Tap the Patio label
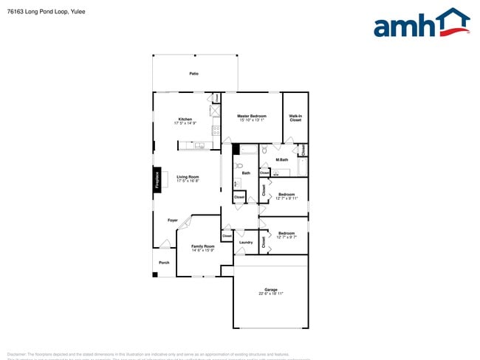(x=193, y=74)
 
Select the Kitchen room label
(x=185, y=120)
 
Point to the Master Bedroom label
(x=251, y=116)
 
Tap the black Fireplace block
(x=157, y=180)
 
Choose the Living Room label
(x=188, y=177)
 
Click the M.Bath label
(x=281, y=160)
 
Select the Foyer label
(x=172, y=221)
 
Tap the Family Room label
(x=203, y=246)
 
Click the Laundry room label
(x=246, y=242)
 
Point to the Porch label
(x=164, y=263)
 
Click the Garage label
(x=271, y=289)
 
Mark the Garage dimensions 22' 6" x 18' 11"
(x=271, y=294)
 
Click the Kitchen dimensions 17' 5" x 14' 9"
(x=185, y=124)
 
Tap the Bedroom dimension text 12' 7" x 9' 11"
(x=287, y=198)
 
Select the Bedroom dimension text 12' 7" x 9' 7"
(x=287, y=238)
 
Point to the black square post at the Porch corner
(x=155, y=275)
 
